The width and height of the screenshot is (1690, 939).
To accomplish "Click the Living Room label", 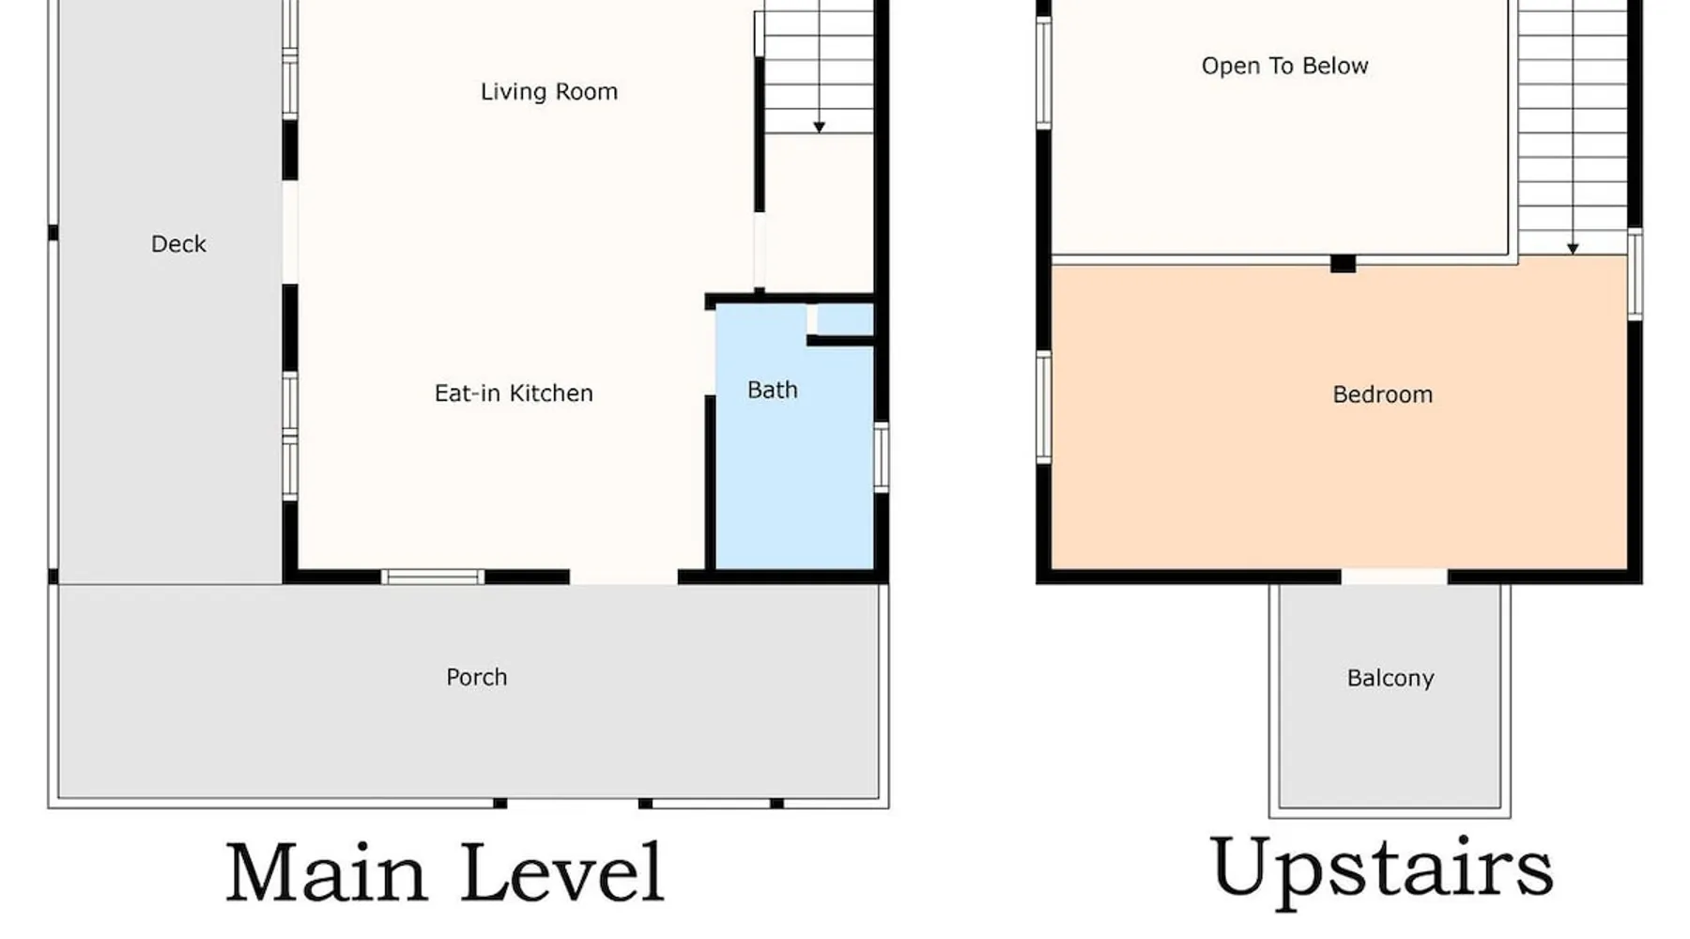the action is pyautogui.click(x=549, y=92).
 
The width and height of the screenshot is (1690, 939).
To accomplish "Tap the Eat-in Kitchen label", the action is pyautogui.click(x=514, y=393).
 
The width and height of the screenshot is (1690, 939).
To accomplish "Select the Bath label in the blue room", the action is pyautogui.click(x=773, y=391).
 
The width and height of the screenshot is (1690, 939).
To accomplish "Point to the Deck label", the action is pyautogui.click(x=178, y=244).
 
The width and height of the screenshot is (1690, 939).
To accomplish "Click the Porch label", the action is pyautogui.click(x=477, y=677).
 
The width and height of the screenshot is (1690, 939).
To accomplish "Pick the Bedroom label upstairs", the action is pyautogui.click(x=1383, y=394).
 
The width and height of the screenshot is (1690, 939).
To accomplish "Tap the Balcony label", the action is pyautogui.click(x=1390, y=679).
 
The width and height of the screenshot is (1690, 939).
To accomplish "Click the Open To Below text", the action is pyautogui.click(x=1285, y=66).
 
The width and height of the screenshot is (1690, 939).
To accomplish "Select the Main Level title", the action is pyautogui.click(x=445, y=873).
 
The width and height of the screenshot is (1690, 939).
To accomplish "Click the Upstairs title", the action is pyautogui.click(x=1382, y=870).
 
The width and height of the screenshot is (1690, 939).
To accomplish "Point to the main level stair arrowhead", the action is pyautogui.click(x=820, y=127).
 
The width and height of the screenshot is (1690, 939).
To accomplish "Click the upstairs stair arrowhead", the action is pyautogui.click(x=1573, y=249).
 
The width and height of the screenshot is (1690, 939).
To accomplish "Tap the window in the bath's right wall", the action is pyautogui.click(x=882, y=457).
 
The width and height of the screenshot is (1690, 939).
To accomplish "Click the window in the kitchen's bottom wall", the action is pyautogui.click(x=433, y=577).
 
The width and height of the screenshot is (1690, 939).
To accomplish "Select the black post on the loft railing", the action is pyautogui.click(x=1344, y=264).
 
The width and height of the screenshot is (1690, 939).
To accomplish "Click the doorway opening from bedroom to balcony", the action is pyautogui.click(x=1394, y=577).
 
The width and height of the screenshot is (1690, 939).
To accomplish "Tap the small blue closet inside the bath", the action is pyautogui.click(x=844, y=319).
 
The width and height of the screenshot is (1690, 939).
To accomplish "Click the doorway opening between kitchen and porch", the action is pyautogui.click(x=623, y=577).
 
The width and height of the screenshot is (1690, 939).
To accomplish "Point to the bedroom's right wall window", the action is pyautogui.click(x=1635, y=274).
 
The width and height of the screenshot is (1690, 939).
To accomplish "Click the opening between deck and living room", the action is pyautogui.click(x=290, y=232).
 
